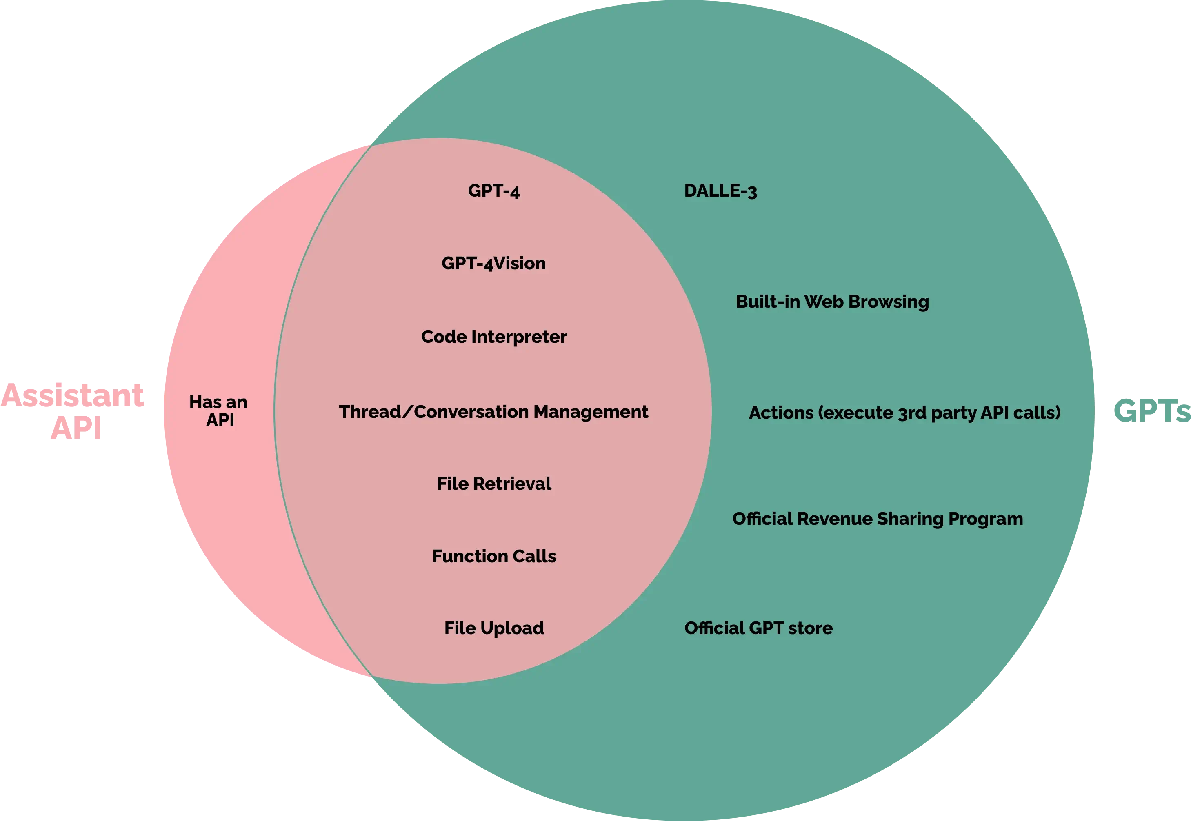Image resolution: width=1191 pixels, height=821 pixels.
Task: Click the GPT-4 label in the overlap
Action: coord(493,191)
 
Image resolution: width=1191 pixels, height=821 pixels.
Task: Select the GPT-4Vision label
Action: coord(493,263)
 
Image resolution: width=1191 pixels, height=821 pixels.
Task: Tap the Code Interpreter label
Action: coord(493,337)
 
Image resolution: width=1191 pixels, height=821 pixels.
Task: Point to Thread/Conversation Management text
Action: coord(493,412)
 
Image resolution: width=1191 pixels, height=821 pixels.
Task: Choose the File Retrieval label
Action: coord(493,484)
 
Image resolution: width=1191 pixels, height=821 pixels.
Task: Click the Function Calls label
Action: coord(493,556)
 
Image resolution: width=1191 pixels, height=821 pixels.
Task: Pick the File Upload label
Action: coord(493,628)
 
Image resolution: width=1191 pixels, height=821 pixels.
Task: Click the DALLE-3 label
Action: coord(720,191)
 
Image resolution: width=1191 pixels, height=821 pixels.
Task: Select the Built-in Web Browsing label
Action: coord(832,302)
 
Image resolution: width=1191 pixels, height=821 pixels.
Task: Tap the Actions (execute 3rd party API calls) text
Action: coord(904,413)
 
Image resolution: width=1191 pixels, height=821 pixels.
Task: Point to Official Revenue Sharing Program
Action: coord(877,519)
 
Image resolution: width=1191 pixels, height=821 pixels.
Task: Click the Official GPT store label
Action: coord(758,628)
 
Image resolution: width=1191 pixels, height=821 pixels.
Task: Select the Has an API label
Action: coord(219,411)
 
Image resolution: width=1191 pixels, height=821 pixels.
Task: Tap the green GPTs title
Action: coord(1151,412)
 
